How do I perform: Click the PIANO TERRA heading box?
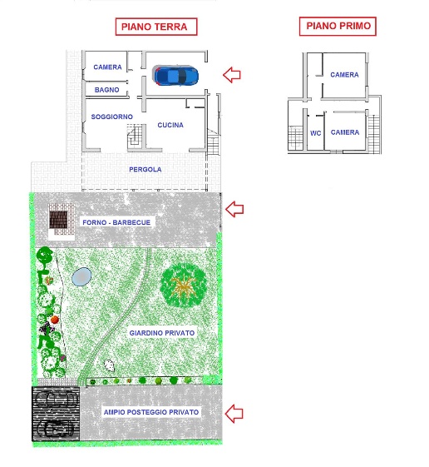coord(156,27)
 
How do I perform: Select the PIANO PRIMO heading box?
coord(338,26)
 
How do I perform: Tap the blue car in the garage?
coord(175,76)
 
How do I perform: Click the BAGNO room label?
coord(106,90)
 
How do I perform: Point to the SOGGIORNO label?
coord(112,117)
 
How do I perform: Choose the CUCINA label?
coord(170,125)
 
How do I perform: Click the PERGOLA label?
coord(145,170)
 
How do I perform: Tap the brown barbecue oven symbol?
coord(58,220)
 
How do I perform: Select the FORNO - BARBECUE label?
coord(116,222)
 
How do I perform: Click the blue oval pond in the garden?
coord(81,276)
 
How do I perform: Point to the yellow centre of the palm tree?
coord(182,286)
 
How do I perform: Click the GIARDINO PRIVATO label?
coord(162,333)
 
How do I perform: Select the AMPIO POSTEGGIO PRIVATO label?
coord(151,412)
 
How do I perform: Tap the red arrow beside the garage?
coord(232,74)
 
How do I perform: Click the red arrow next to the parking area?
coord(234,414)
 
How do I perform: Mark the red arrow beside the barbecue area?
coord(234,209)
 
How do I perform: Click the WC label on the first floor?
coord(316,133)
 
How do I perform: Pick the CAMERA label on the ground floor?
coord(107,67)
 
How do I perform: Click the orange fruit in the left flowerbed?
coord(55,320)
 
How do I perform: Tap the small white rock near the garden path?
coord(109,365)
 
